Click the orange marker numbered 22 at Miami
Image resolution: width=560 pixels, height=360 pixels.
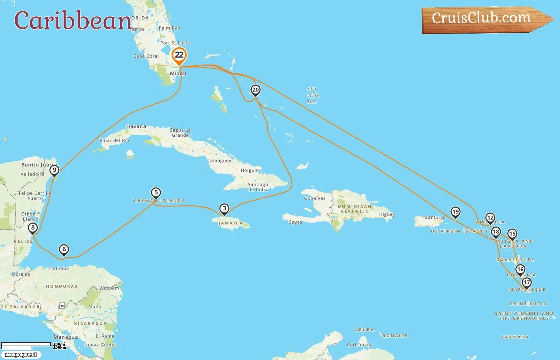179,56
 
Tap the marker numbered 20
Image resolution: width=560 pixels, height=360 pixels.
255,90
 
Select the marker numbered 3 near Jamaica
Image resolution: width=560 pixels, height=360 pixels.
224,208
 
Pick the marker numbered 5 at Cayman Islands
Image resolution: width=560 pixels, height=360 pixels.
156,193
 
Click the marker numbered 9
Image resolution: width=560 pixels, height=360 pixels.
54,170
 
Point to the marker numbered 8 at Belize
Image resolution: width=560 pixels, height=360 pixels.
33,228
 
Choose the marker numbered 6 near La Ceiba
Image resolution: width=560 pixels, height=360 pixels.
64,249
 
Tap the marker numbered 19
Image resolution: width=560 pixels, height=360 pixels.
455,212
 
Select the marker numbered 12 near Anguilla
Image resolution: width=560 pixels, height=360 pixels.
490,218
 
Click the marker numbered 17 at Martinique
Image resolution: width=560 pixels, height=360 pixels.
527,283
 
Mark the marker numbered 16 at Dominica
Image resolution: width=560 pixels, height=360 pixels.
520,270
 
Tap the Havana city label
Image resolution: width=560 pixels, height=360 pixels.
136,126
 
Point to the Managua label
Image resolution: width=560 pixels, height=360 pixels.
66,337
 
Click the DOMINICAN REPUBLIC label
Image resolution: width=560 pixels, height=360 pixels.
354,209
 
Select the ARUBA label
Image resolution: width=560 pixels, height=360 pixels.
364,330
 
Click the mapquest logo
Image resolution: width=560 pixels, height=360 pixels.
21,355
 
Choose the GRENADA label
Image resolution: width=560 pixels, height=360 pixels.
515,337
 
